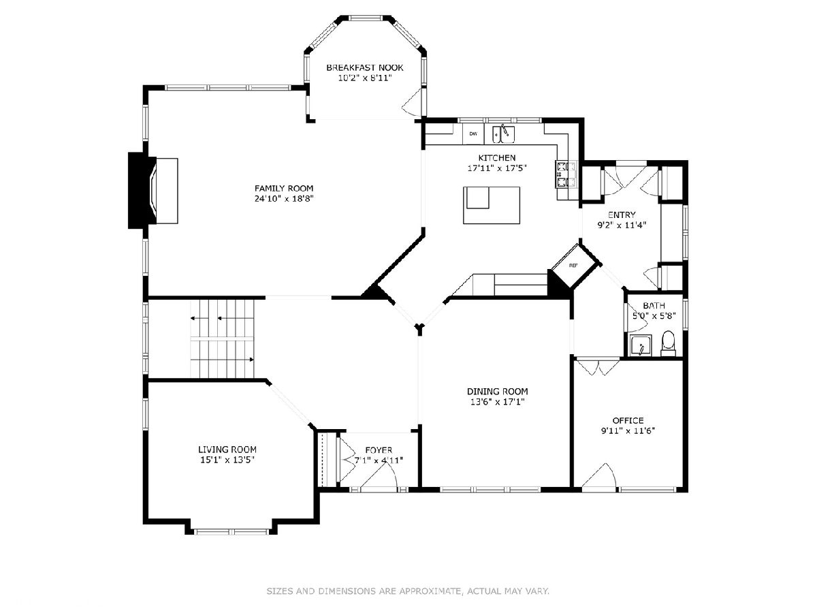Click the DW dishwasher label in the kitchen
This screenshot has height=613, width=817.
pos(473,133)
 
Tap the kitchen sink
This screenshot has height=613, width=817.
pos(504,134)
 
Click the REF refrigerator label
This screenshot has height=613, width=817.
pos(573,266)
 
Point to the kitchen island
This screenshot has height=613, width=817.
pos(492,205)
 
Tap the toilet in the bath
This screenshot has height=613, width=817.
pos(668,343)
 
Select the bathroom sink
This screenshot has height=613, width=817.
pos(640,345)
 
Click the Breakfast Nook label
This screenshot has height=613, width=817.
pos(365,67)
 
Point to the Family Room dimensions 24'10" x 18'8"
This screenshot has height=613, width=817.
pos(284,199)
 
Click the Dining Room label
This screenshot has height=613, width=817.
pos(497,392)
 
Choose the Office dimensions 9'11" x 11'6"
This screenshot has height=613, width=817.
pos(628,431)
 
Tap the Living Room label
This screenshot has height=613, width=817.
pos(227,450)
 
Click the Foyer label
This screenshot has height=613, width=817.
pos(379,450)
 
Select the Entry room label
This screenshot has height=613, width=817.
pos(622,215)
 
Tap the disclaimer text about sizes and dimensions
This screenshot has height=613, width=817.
pos(408,591)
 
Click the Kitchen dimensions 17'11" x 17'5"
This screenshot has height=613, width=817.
pos(497,168)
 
